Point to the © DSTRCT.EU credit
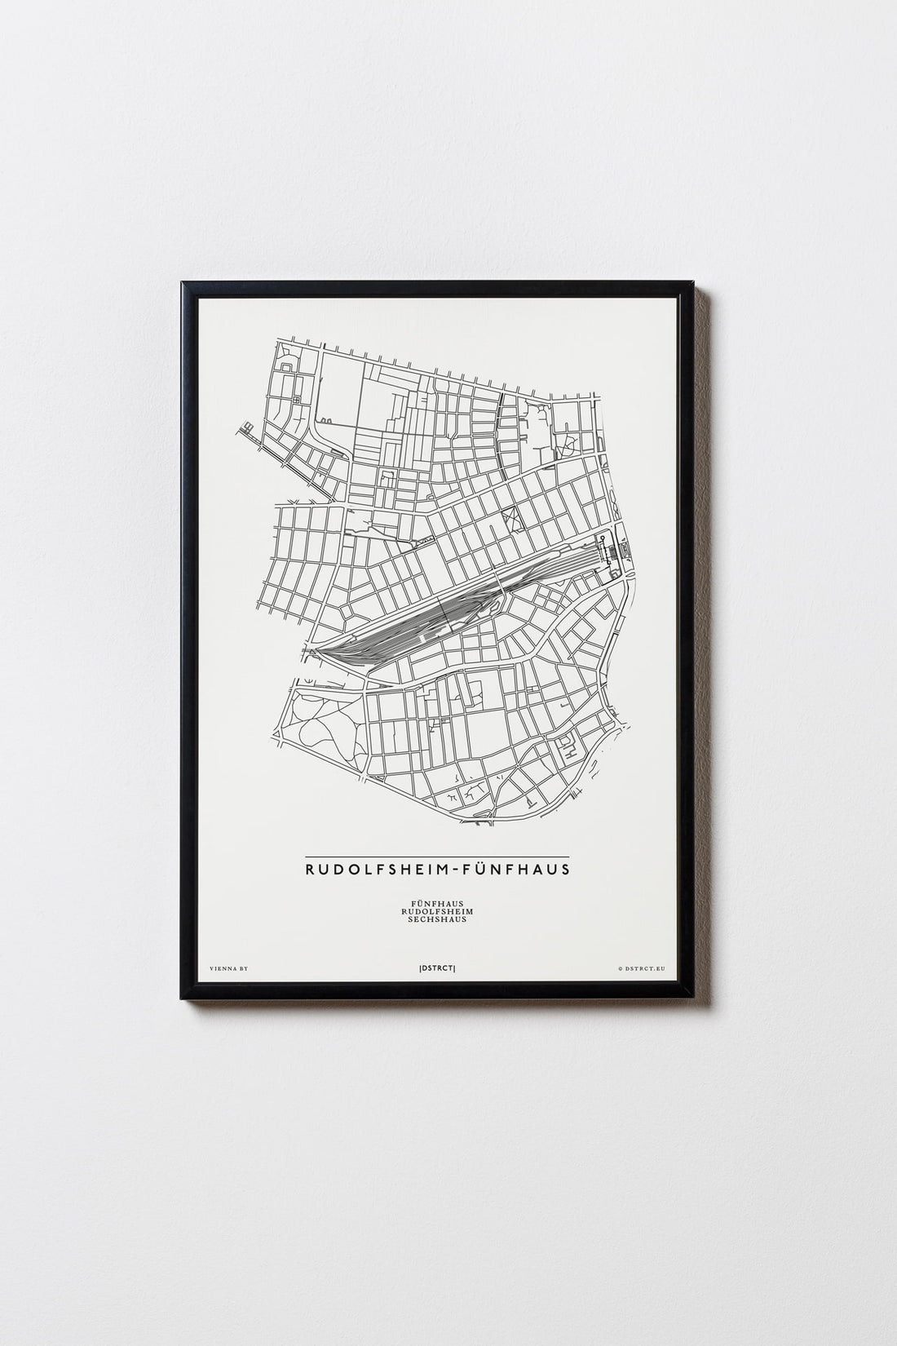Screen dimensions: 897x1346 tap(642, 968)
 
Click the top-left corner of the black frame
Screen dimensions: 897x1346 tap(184, 282)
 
